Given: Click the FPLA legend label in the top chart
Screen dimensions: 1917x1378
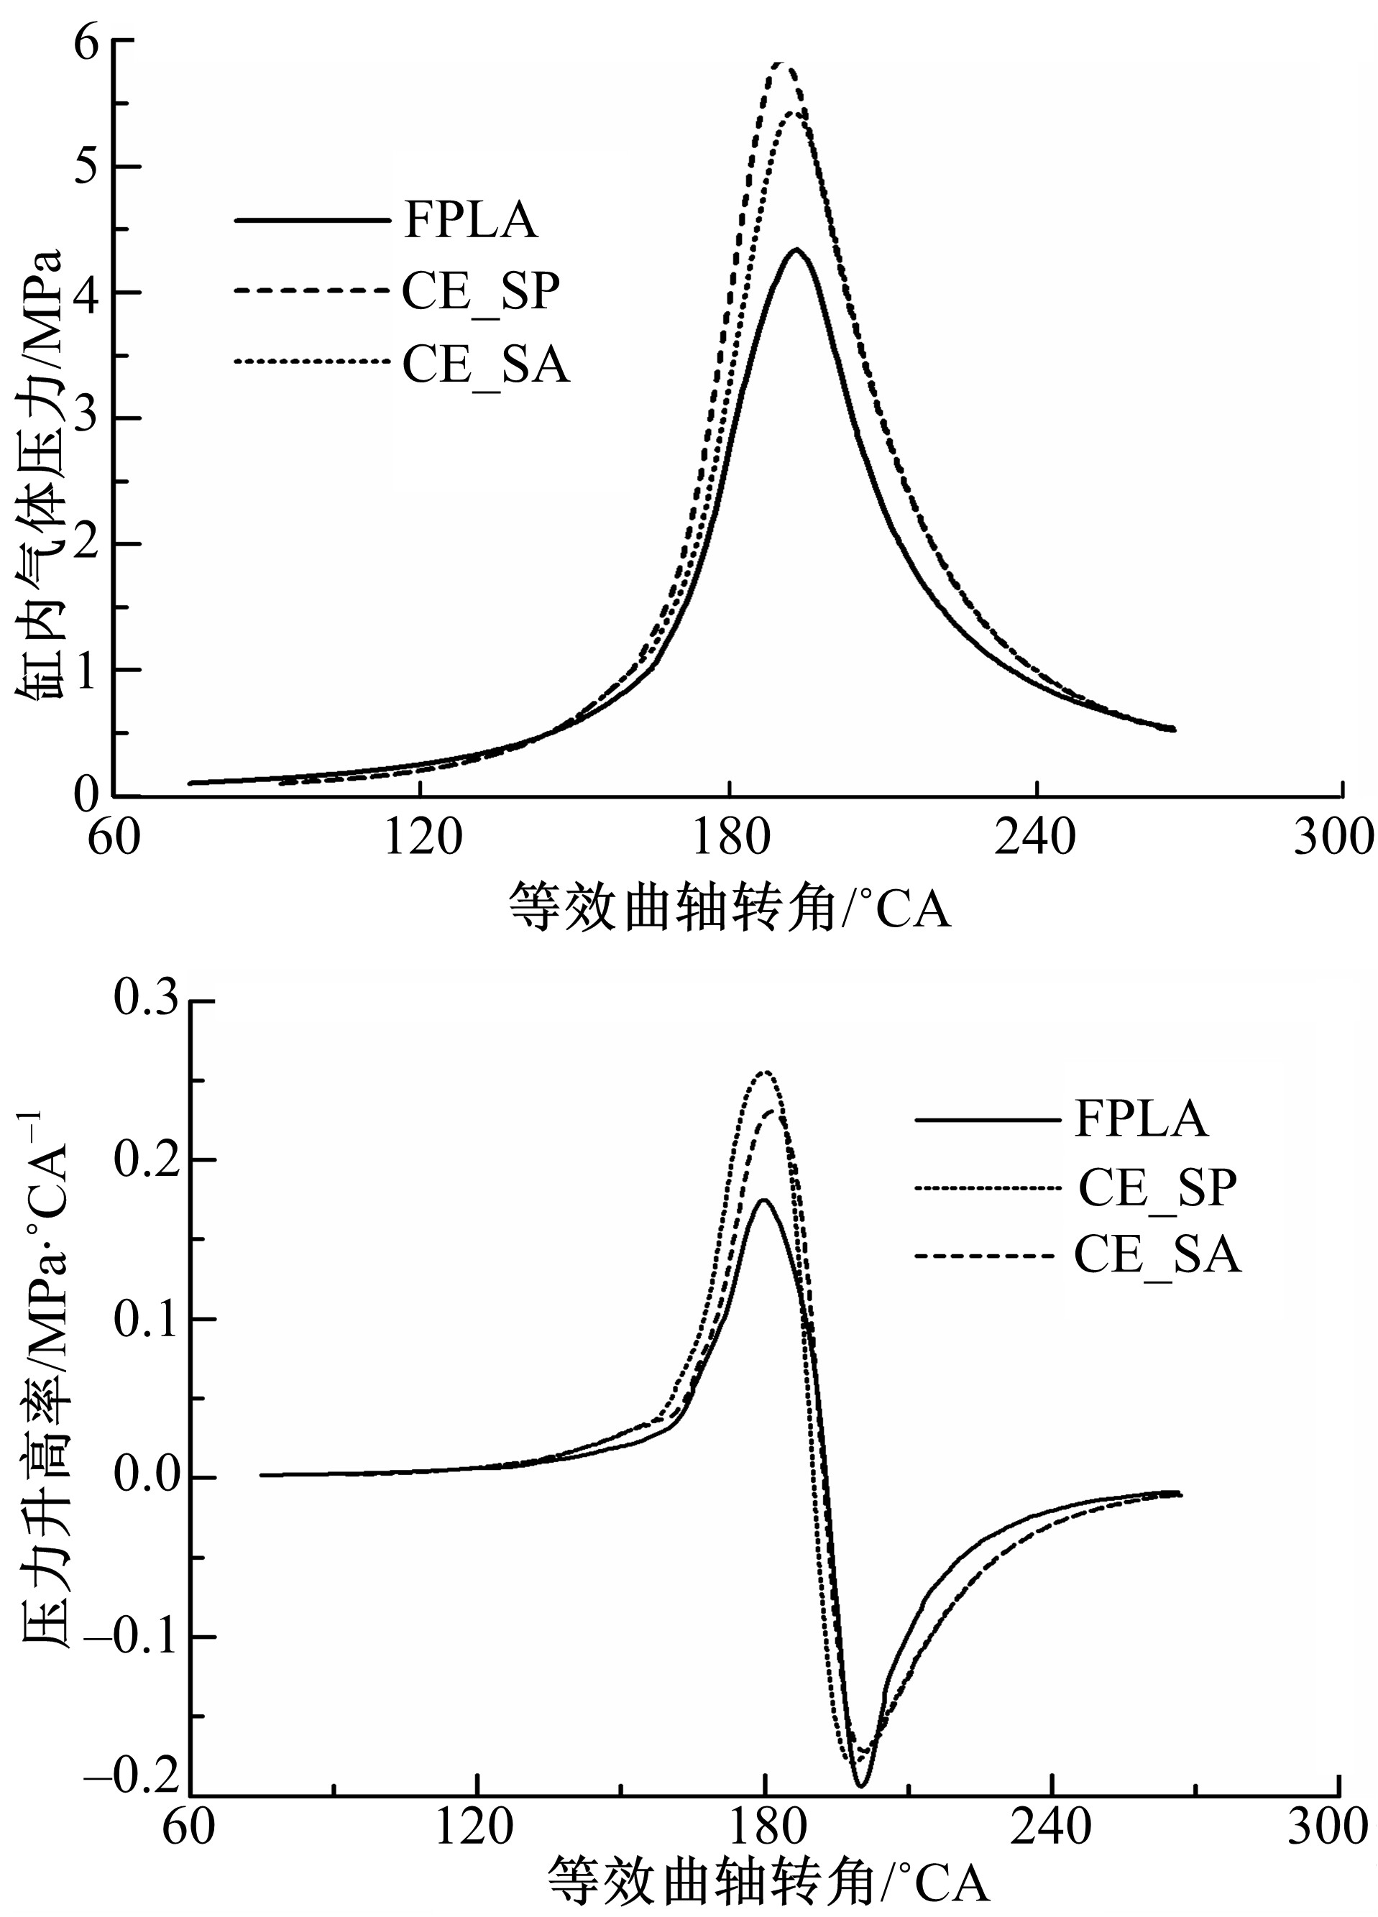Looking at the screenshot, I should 469,221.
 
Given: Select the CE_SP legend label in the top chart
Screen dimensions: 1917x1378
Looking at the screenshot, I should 480,292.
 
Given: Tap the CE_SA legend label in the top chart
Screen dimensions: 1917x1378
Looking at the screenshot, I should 485,366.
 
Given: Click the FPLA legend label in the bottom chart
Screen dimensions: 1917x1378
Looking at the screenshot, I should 1142,1119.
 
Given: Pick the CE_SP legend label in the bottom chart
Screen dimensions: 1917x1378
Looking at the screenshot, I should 1157,1187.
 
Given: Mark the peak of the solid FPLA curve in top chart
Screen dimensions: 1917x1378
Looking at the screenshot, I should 796,249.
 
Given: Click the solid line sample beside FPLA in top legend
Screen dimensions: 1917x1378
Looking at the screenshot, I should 309,221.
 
